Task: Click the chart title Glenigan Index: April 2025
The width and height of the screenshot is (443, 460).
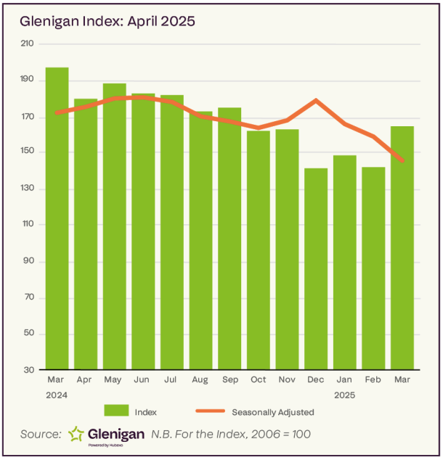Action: tap(107, 21)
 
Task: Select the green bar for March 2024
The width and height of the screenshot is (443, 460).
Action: tap(57, 218)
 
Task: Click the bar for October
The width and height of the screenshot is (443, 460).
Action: tap(259, 250)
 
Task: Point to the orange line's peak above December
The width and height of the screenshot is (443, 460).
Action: tap(316, 100)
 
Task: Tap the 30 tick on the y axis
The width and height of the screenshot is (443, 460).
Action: tap(29, 370)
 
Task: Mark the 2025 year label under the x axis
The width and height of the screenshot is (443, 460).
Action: tap(345, 396)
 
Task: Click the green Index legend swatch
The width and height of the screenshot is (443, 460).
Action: tap(116, 411)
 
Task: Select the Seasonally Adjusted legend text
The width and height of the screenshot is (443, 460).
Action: tap(272, 412)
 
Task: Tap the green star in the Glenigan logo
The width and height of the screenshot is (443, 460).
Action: tap(76, 434)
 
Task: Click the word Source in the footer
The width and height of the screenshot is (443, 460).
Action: tap(41, 434)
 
